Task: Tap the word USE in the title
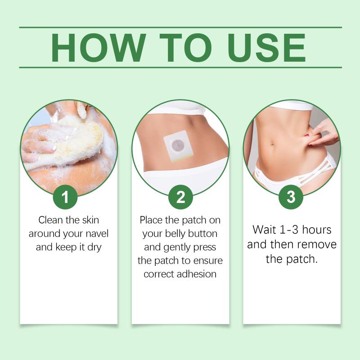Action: [x=266, y=48]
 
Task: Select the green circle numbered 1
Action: [x=65, y=197]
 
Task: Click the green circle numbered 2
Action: [x=180, y=197]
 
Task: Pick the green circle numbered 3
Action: [x=291, y=197]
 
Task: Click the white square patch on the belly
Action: [x=178, y=146]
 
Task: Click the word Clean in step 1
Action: [x=50, y=220]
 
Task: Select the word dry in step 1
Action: [x=94, y=248]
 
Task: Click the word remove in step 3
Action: [x=319, y=244]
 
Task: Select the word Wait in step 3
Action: [x=264, y=229]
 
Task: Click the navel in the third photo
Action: [x=273, y=145]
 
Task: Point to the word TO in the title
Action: [x=186, y=48]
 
